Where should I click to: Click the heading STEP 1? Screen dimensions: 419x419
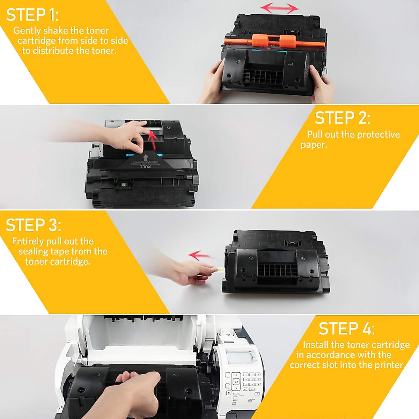(x=32, y=15)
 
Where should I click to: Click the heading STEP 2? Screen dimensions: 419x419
(x=342, y=118)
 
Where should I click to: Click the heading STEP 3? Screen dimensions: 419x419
(x=33, y=225)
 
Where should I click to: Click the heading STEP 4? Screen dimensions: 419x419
(x=346, y=329)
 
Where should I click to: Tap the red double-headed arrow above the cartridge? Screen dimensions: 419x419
(x=280, y=8)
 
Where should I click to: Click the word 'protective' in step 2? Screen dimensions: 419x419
(x=378, y=135)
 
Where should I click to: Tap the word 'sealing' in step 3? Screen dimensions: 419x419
(x=33, y=251)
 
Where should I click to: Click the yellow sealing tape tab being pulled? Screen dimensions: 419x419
(x=220, y=269)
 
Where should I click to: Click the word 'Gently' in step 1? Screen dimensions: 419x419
(x=27, y=31)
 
